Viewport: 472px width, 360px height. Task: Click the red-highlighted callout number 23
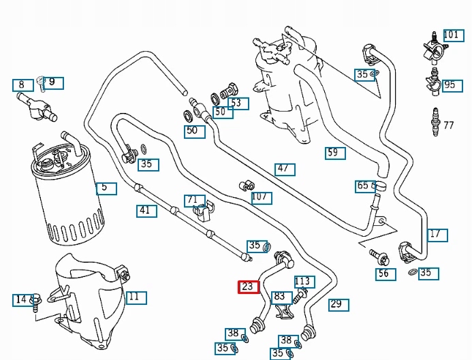247,287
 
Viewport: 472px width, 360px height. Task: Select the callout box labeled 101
451,35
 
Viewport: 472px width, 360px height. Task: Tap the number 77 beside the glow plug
448,125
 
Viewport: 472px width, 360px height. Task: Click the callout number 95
450,85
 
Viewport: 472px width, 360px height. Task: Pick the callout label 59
334,153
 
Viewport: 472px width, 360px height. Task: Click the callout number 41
144,210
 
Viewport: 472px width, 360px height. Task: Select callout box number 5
106,188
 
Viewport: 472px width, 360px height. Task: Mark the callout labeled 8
22,85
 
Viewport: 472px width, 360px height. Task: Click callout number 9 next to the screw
54,83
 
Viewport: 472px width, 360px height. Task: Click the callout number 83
280,297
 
